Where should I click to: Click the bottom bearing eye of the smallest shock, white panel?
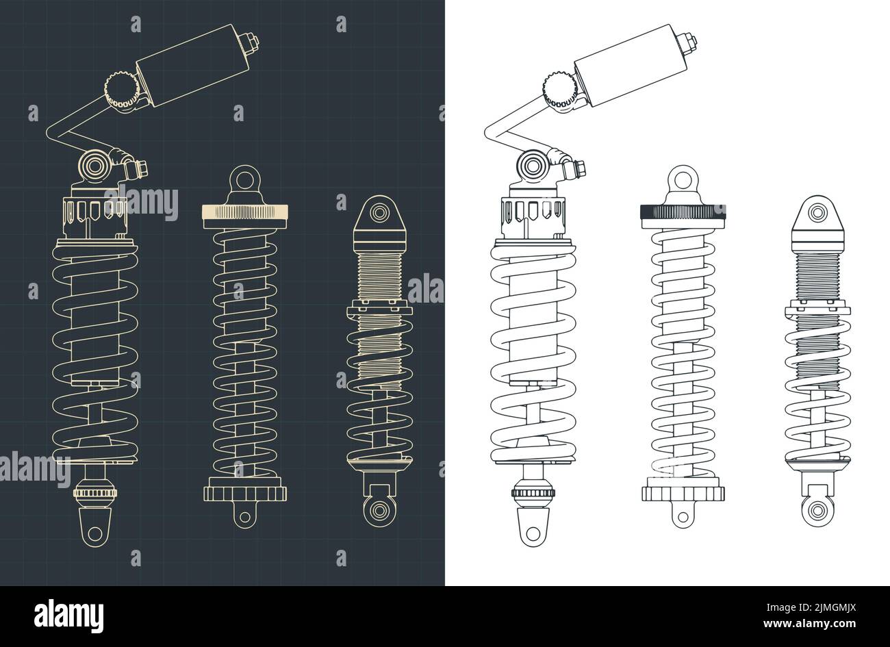coord(813,509)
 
